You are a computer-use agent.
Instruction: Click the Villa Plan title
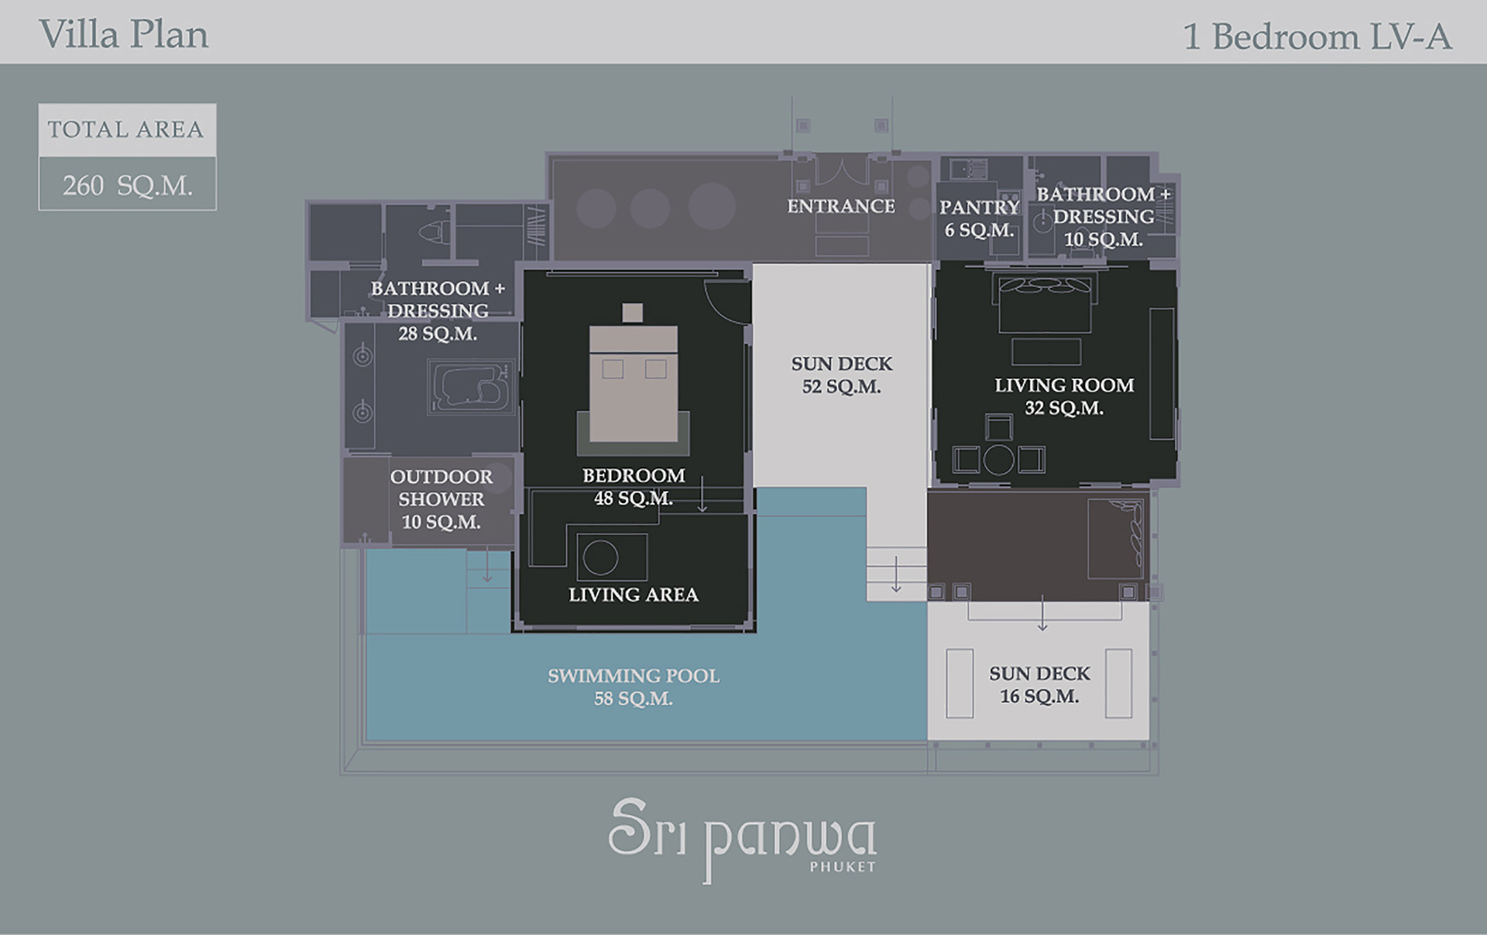click(124, 36)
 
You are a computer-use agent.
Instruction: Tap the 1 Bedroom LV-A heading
click(1317, 36)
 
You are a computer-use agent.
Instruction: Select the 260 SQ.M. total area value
click(128, 186)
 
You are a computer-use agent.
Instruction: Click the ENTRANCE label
click(841, 206)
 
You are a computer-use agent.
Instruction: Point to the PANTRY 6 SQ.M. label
click(979, 218)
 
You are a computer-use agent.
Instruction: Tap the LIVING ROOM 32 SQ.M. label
click(1064, 396)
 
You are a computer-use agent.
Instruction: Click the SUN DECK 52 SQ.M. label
click(842, 375)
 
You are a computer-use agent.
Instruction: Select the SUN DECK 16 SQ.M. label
click(1039, 685)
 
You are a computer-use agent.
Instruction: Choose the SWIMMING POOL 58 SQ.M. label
click(634, 687)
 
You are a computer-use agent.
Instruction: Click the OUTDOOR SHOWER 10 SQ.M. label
click(441, 499)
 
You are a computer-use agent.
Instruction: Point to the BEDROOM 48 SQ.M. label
click(634, 487)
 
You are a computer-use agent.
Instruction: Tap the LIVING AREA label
click(634, 594)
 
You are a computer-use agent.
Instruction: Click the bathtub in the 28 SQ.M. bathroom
click(471, 385)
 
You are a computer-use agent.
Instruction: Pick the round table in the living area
click(600, 557)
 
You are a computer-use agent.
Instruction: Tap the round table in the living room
click(999, 460)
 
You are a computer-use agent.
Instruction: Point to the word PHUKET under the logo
click(843, 867)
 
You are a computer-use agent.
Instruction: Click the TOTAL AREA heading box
click(128, 130)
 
